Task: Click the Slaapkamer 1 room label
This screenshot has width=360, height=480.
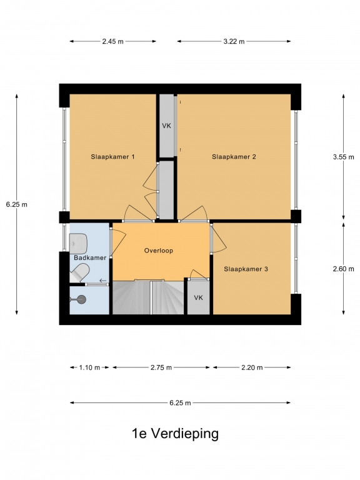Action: click(x=112, y=157)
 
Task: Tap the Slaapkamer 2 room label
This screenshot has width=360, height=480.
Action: click(x=234, y=157)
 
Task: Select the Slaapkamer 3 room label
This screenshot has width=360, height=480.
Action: click(x=246, y=269)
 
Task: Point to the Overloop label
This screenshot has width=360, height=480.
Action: click(x=159, y=251)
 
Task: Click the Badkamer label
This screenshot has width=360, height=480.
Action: click(x=90, y=257)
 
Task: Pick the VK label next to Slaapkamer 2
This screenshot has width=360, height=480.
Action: click(x=166, y=126)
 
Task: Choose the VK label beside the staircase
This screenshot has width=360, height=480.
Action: click(x=198, y=297)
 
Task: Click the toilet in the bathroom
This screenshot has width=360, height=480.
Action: click(x=79, y=273)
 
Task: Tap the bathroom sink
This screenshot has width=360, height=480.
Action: click(x=78, y=244)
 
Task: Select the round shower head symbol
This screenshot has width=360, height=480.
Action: click(x=81, y=299)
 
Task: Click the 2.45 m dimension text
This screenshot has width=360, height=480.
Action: click(x=112, y=41)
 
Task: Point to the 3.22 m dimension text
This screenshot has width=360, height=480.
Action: click(x=234, y=41)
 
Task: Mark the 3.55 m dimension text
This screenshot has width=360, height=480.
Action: click(x=344, y=157)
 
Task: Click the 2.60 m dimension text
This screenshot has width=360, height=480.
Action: click(x=344, y=269)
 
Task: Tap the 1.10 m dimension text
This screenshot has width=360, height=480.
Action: click(x=89, y=367)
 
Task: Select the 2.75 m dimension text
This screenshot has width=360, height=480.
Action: click(x=161, y=367)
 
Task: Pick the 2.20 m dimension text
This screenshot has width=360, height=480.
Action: click(x=252, y=367)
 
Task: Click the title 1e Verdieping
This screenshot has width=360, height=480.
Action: click(x=175, y=434)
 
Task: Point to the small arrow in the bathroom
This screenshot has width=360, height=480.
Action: click(x=103, y=281)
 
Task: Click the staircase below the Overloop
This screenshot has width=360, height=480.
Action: click(x=148, y=297)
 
